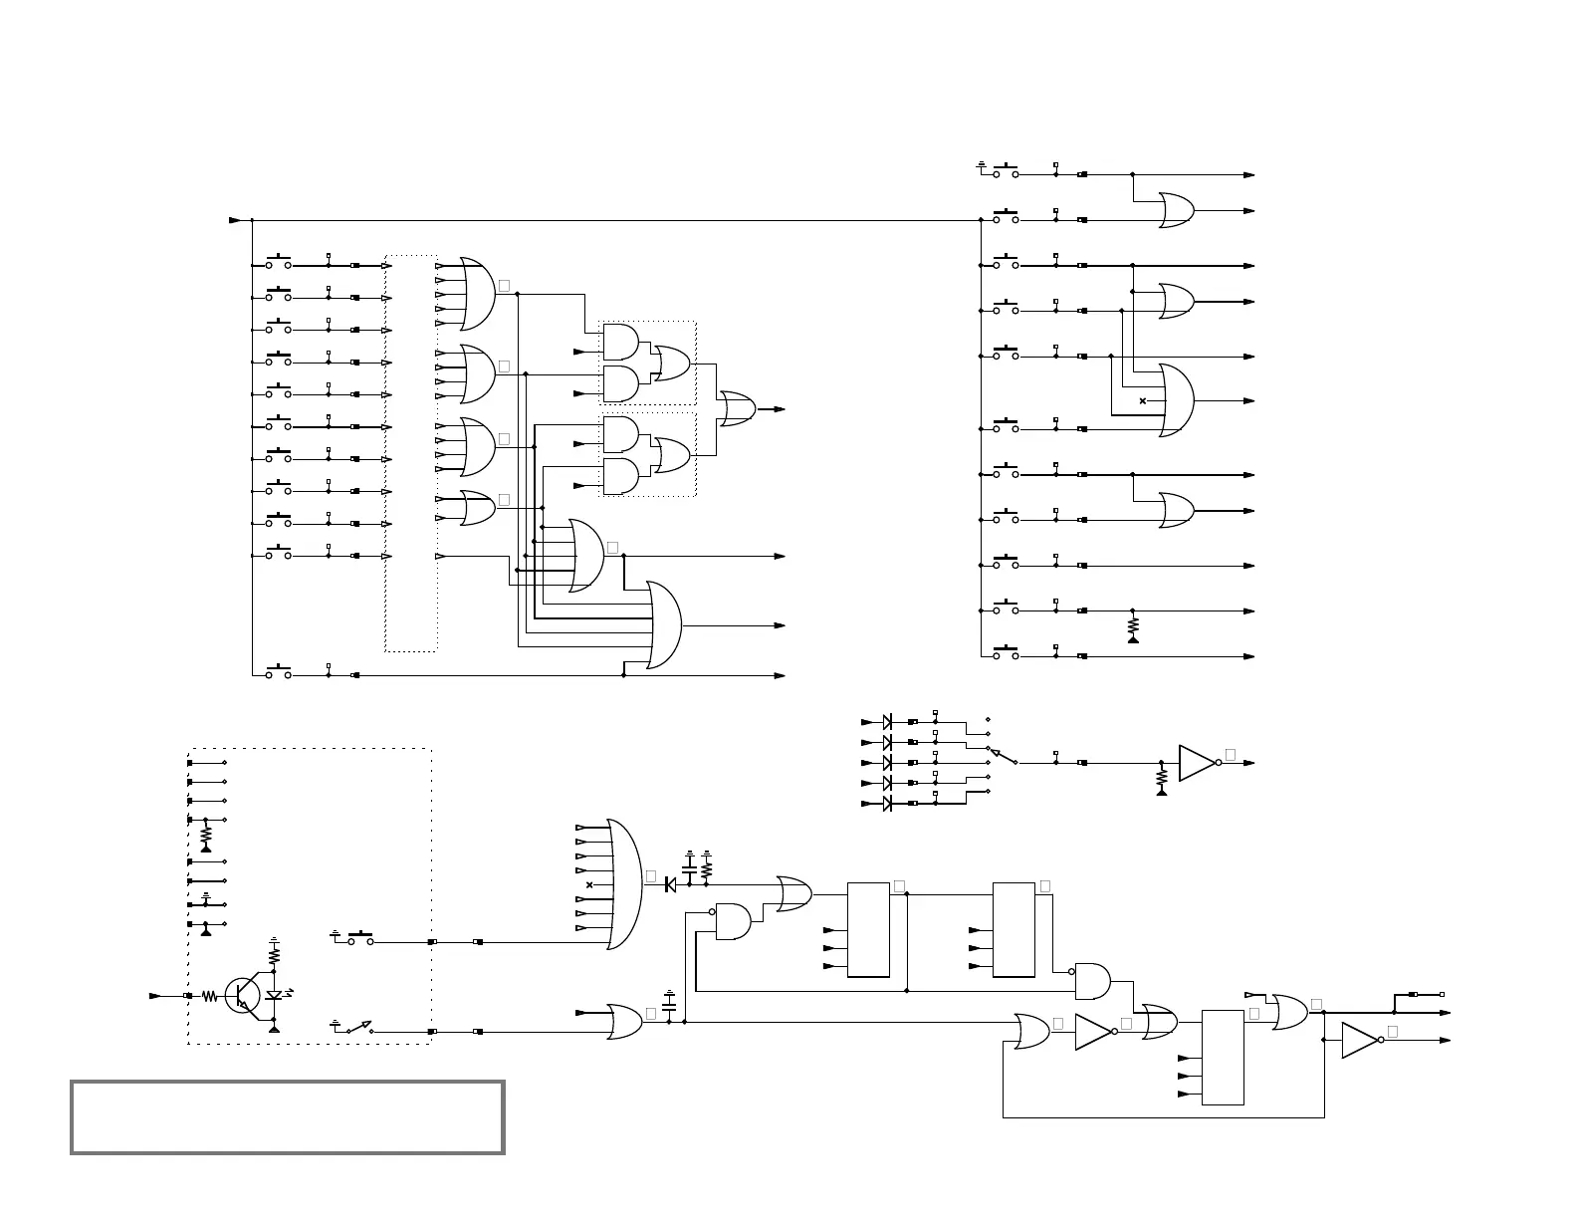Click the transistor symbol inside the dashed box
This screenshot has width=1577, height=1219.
coord(243,995)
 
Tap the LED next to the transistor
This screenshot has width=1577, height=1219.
coord(275,995)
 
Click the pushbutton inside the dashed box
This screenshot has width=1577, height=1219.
coord(359,938)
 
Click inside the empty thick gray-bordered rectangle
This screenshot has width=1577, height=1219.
coord(287,1116)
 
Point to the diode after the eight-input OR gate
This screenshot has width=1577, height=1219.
coord(670,884)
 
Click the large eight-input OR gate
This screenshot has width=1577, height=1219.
coord(623,884)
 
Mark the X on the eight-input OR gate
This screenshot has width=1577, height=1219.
coord(589,884)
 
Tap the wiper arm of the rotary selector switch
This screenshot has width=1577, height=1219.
coord(1002,756)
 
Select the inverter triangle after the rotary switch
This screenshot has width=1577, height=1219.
coord(1198,763)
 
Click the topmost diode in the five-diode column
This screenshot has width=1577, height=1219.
coord(887,721)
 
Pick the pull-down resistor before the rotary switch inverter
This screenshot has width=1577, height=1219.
coord(1161,776)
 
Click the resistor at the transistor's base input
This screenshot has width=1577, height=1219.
coord(210,995)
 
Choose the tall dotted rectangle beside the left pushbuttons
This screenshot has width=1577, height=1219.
coord(411,453)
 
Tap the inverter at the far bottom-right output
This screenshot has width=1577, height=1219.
coord(1360,1040)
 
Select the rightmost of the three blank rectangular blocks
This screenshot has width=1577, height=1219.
coord(1223,1058)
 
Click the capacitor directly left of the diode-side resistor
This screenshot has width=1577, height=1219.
coord(690,868)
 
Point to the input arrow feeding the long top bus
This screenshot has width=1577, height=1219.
coord(236,220)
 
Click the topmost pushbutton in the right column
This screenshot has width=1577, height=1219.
coord(1007,171)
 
